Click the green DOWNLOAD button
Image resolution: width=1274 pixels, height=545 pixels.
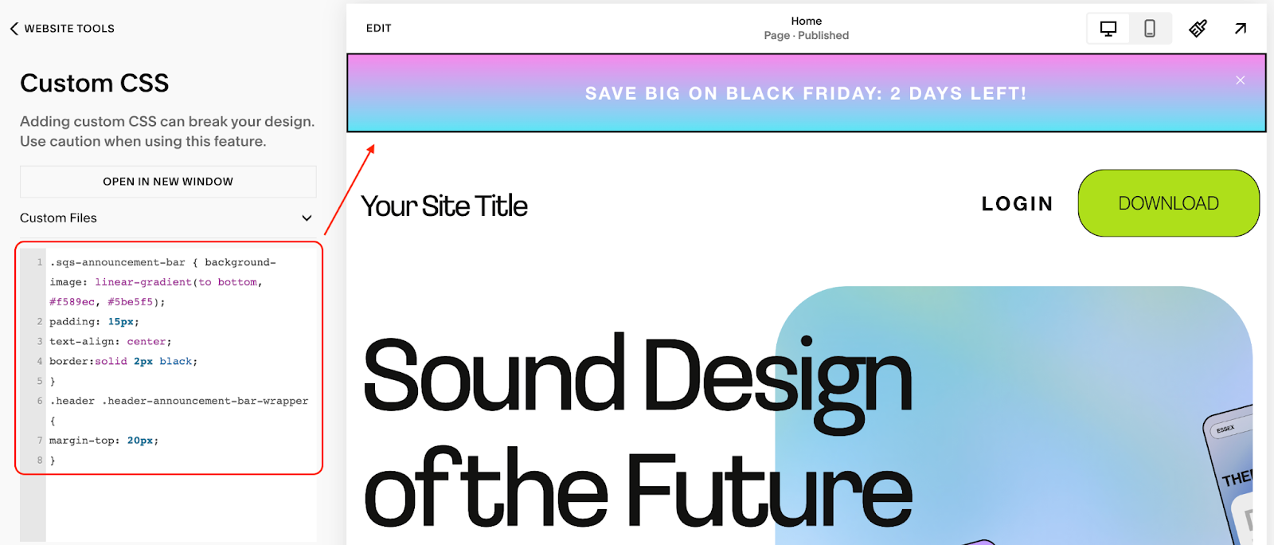(1168, 203)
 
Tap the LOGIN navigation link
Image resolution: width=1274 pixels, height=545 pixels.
(1017, 204)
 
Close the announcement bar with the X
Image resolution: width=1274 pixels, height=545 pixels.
(1240, 80)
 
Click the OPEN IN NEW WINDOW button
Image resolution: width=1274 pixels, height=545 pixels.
(168, 182)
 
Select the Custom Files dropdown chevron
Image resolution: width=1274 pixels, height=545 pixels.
(307, 218)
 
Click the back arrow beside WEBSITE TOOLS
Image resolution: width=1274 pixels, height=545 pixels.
(14, 29)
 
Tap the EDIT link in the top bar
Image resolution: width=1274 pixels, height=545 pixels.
(378, 28)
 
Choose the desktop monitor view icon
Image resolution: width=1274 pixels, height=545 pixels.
(1108, 29)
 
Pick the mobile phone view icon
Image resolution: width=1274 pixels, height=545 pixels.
(1150, 29)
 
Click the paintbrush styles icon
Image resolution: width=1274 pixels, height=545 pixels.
(1198, 29)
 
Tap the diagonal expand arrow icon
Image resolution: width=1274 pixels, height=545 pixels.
(1240, 29)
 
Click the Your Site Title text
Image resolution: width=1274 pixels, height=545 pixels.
(444, 206)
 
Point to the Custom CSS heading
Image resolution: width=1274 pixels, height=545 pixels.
(94, 83)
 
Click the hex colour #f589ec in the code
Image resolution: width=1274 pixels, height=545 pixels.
(72, 302)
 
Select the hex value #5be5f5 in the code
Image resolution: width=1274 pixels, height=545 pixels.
(130, 302)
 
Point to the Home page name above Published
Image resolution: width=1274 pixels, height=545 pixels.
(806, 21)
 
